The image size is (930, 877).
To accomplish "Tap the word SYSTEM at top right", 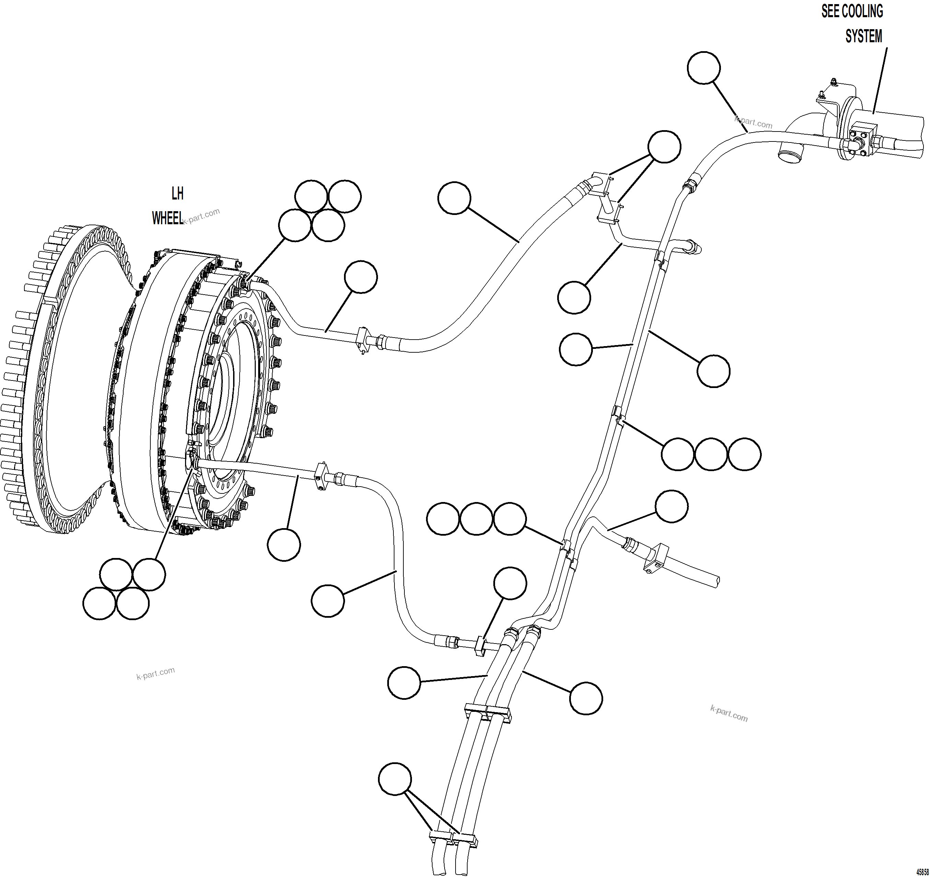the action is pos(864,36).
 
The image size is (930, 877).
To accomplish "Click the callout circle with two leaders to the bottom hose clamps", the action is pos(395,779).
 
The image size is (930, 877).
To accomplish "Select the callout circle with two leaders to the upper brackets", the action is pos(664,147).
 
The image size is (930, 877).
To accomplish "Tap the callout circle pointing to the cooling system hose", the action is pos(704,68).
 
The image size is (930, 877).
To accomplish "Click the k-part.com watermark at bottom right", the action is pos(729,713).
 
